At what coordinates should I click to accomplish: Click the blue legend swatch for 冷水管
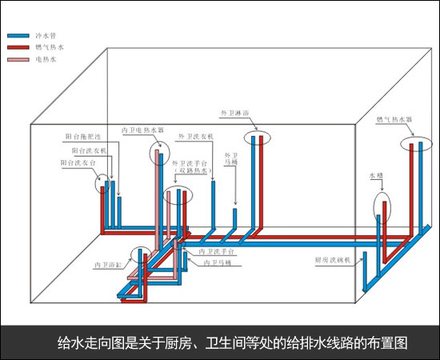click(18, 36)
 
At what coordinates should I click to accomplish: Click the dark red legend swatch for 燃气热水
click(18, 47)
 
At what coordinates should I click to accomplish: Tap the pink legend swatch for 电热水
click(18, 59)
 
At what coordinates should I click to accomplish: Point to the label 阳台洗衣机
click(89, 150)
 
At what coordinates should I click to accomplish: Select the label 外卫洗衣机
click(196, 137)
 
